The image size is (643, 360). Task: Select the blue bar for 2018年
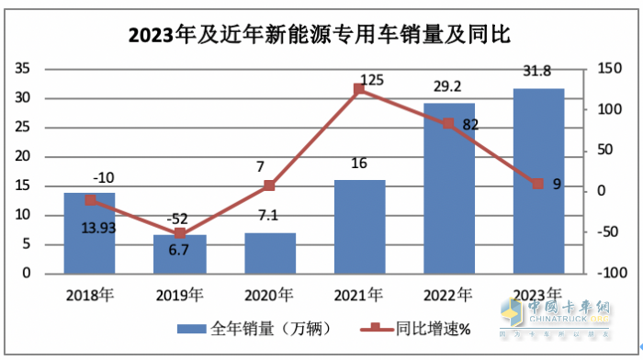[x=89, y=233]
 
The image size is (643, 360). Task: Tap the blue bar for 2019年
[x=179, y=253]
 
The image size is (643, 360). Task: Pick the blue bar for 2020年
[x=269, y=253]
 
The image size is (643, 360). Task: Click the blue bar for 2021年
[x=359, y=226]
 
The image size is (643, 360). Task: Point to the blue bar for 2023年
[x=538, y=181]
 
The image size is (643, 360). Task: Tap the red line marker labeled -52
[x=179, y=233]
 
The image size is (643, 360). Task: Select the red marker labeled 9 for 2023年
[x=538, y=184]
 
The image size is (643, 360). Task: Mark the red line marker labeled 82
[x=448, y=123]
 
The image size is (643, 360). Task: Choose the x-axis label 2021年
[x=359, y=295]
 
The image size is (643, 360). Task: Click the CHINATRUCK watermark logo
[x=579, y=312]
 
